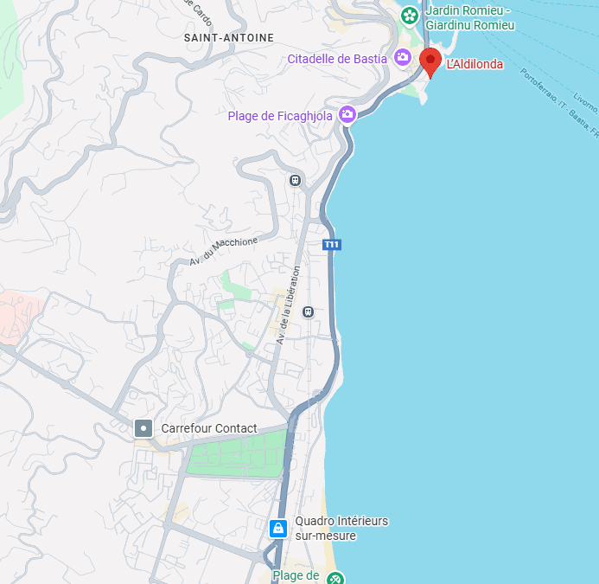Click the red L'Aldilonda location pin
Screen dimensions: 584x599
click(430, 62)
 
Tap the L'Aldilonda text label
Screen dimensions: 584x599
click(475, 64)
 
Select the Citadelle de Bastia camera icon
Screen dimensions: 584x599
click(402, 58)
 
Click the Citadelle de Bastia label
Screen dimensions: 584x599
click(337, 59)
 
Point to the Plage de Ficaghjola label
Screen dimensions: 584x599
click(280, 116)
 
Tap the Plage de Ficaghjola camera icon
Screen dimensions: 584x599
click(347, 114)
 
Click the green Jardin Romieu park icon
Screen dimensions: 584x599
click(410, 14)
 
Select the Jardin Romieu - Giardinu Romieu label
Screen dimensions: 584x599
click(469, 18)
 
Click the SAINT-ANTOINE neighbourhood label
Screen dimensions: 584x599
click(229, 38)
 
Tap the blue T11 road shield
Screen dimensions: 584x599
click(332, 245)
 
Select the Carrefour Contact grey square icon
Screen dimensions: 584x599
click(143, 428)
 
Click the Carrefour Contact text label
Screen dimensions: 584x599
click(209, 428)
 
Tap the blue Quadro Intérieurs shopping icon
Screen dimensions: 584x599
click(278, 528)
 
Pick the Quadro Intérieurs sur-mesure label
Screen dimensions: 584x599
click(341, 528)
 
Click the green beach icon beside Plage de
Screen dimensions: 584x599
click(335, 578)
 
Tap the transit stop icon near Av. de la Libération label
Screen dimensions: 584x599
click(308, 311)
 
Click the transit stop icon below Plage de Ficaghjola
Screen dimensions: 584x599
click(296, 180)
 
